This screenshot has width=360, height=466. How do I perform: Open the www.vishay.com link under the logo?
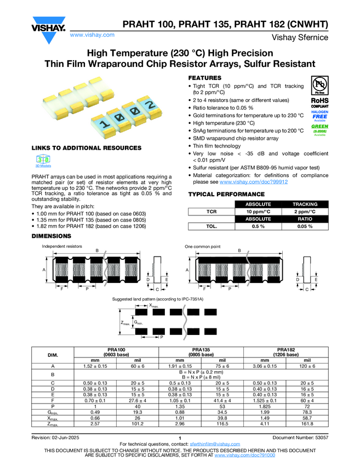coord(92,35)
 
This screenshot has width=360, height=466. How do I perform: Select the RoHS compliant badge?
coord(319,103)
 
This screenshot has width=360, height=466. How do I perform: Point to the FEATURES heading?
coord(205,78)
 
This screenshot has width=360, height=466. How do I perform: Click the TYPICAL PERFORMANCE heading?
coord(226,195)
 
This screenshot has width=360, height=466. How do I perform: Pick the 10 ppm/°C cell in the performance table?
coord(258,211)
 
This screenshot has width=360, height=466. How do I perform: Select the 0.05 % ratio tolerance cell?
coord(305,225)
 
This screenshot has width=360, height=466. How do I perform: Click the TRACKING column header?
coord(305,204)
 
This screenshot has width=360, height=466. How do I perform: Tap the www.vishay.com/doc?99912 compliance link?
coord(254,181)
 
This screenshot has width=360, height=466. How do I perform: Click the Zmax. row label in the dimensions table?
coord(53,423)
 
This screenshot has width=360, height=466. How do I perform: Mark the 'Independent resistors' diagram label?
coord(62,247)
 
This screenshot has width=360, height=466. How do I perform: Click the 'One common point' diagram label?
coord(203,247)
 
